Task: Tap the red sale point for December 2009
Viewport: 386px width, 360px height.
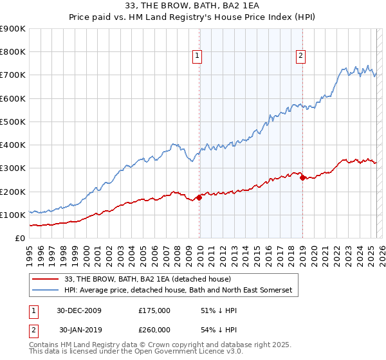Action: pos(199,197)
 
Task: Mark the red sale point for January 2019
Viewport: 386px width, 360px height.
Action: pos(303,177)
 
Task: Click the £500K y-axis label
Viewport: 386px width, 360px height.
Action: pos(14,122)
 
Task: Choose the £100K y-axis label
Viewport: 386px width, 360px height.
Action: pos(14,215)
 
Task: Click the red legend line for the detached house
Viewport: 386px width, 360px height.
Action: pos(46,279)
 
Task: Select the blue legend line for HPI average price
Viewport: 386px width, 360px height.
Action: pos(46,291)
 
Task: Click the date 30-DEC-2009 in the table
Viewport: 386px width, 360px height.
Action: pos(80,310)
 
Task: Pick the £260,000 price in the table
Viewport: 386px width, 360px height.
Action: pos(154,329)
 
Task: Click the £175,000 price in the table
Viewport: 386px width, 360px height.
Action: pos(154,310)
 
